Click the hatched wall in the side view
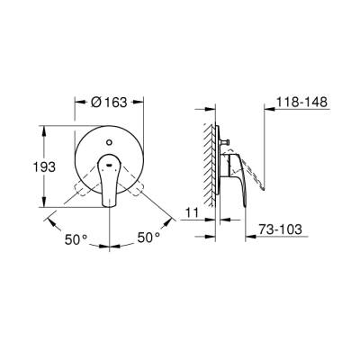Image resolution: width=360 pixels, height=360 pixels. pos(209,171)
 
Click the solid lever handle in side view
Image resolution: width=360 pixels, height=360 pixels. pos(236,184)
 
